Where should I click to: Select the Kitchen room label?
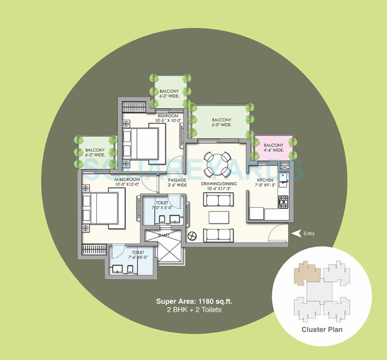(265, 180)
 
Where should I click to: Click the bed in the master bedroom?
(103, 207)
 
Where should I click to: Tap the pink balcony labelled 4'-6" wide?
(273, 148)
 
